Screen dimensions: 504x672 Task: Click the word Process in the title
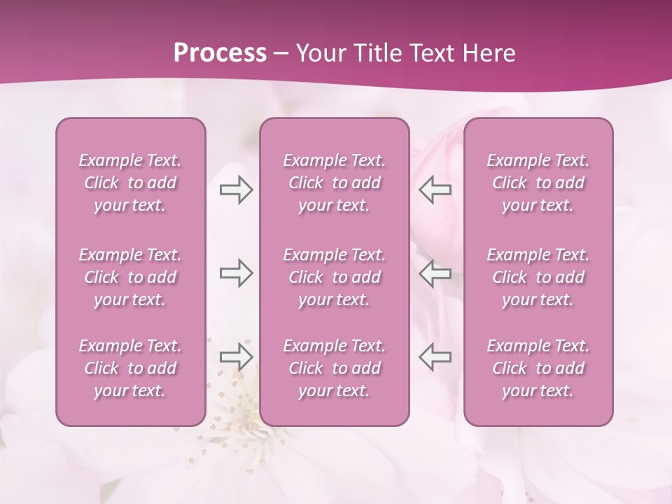[x=220, y=53]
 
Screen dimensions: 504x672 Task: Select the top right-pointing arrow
[x=236, y=190]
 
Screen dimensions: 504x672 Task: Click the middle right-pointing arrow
[x=236, y=273]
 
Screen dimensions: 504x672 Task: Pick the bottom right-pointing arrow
[x=236, y=356]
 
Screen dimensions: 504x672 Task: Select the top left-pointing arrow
[x=435, y=190]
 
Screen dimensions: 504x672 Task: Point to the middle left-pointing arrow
[x=435, y=273]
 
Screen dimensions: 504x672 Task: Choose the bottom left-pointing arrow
[x=435, y=356]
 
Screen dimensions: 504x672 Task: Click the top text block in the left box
[x=130, y=183]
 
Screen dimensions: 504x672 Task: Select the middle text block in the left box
[x=130, y=277]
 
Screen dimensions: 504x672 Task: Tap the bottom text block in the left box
[x=130, y=368]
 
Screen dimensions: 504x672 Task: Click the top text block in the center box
[x=335, y=183]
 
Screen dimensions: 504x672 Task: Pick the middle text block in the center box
[x=335, y=277]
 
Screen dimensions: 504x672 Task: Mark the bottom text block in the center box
[x=335, y=368]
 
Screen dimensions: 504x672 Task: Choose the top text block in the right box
[x=538, y=183]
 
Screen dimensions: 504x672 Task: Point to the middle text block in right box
[x=538, y=277]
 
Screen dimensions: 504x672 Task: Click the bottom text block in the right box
[x=538, y=368]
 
